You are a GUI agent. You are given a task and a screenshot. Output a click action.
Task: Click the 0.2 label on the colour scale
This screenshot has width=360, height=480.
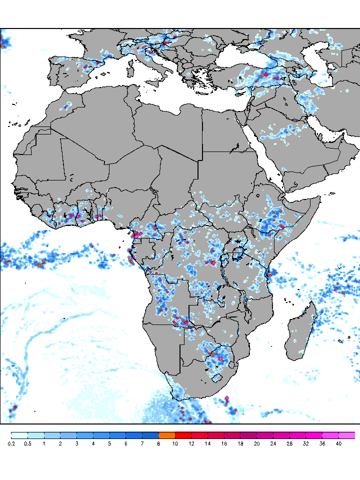[x=11, y=443]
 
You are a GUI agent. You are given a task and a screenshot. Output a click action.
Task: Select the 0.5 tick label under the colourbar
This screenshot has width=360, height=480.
[x=27, y=443]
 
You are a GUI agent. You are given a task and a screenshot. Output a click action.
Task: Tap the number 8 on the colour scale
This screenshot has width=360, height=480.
[x=159, y=443]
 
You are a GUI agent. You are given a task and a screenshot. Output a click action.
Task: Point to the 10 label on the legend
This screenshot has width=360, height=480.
[x=175, y=443]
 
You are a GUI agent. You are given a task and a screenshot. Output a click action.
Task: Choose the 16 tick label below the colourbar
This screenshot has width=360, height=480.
[x=224, y=443]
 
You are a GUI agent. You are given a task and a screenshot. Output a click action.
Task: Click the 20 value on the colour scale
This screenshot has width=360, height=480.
[x=257, y=443]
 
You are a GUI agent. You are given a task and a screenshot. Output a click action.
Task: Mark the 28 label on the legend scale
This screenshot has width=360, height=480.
[x=290, y=443]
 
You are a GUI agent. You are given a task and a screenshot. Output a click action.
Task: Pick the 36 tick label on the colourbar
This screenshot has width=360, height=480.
[x=322, y=443]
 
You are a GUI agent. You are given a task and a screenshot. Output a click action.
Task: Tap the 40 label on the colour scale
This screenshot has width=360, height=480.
[x=339, y=443]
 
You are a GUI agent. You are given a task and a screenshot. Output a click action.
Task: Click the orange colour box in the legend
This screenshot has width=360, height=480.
[x=167, y=435]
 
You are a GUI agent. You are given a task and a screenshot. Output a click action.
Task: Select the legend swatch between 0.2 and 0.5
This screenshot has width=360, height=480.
[x=19, y=435]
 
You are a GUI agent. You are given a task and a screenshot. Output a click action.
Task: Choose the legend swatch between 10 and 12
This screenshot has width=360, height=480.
[x=183, y=435]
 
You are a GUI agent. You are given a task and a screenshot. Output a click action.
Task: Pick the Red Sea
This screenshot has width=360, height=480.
[x=262, y=150]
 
